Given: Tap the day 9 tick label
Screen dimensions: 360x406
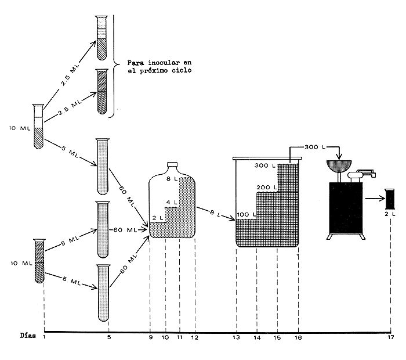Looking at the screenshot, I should coord(150,337).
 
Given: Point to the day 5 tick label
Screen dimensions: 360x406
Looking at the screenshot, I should coord(109,337).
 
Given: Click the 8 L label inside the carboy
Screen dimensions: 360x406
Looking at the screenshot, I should coord(172,179).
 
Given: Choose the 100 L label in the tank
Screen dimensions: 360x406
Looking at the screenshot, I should coord(246,215).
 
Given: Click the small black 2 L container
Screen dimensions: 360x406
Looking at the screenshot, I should coord(390,199).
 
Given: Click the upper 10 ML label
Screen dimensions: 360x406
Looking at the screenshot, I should coord(17,128).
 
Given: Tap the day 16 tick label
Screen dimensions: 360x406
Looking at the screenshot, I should coord(298,337).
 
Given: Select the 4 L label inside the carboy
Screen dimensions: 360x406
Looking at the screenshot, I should coord(172,203).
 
